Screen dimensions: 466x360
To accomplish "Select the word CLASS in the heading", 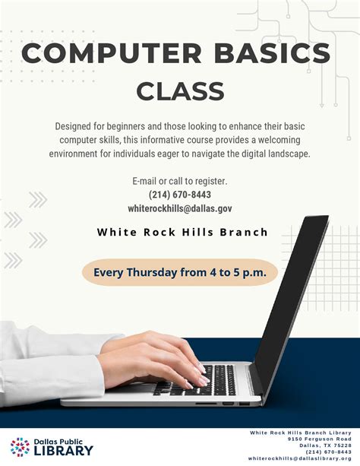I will point(180,91).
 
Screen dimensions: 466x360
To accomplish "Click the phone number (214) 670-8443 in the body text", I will point(180,195).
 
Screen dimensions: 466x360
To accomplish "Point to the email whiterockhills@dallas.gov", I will point(180,208).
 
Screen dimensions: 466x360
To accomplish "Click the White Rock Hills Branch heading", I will point(182,232).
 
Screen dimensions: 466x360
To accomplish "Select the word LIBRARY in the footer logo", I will point(64,451).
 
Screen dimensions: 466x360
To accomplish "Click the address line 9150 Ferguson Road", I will point(319,439).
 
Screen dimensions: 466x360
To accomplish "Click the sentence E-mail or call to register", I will point(180,181).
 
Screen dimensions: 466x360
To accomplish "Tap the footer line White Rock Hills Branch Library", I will point(301,433).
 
